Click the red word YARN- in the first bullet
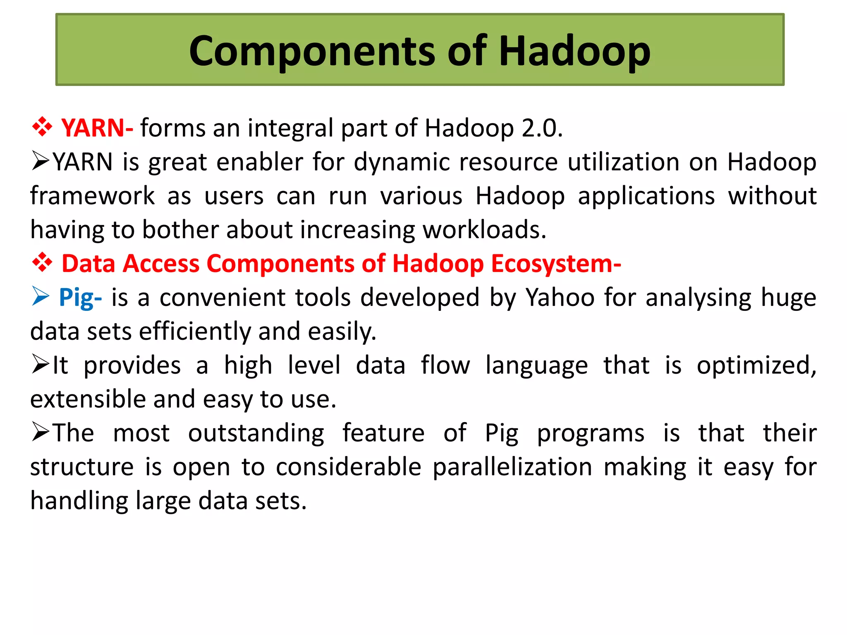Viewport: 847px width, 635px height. (97, 128)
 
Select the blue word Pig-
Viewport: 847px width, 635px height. (80, 298)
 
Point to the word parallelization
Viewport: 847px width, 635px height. (512, 467)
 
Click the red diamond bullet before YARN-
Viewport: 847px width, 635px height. (42, 127)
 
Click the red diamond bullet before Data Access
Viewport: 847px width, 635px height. (42, 263)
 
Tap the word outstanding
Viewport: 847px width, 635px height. (256, 433)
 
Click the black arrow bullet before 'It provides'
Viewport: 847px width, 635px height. (41, 365)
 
